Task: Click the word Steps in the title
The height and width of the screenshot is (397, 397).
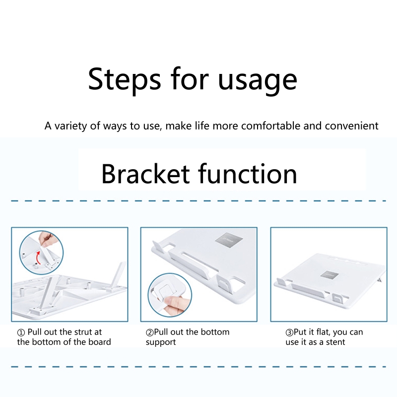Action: coord(125,79)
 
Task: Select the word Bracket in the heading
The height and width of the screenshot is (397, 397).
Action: coord(145,174)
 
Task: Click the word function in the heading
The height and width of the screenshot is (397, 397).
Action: coord(247,174)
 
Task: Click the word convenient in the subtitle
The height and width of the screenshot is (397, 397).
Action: coord(352,126)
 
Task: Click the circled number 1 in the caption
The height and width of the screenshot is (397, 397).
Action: coord(21,332)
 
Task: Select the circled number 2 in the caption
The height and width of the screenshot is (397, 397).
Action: coord(150,332)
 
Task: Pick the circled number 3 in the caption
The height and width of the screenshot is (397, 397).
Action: coord(289,332)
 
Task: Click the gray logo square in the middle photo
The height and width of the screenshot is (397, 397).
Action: coord(229,240)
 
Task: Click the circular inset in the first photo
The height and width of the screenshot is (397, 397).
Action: coord(41,253)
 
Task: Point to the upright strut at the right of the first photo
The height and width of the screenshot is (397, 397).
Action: coord(117,276)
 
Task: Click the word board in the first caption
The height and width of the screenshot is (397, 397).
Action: coord(100,342)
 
